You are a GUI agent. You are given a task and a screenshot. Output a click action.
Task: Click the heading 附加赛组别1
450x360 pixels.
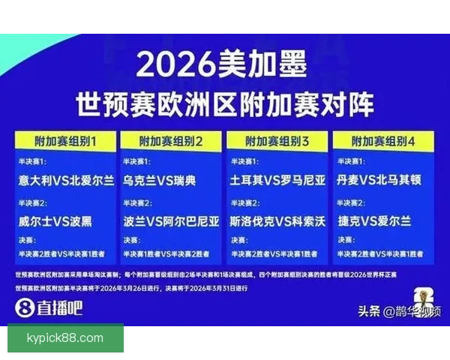click(65, 140)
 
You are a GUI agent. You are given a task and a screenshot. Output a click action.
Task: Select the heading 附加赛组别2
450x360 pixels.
click(171, 140)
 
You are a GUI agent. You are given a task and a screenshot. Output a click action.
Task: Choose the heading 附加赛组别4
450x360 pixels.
click(383, 140)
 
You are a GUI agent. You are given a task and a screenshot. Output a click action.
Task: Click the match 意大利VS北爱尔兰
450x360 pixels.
click(65, 180)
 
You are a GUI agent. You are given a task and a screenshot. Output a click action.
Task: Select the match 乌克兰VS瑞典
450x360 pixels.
click(159, 180)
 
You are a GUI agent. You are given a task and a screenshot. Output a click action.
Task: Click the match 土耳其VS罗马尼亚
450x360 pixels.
click(277, 180)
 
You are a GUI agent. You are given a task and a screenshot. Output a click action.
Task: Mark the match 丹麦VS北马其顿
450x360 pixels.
click(384, 180)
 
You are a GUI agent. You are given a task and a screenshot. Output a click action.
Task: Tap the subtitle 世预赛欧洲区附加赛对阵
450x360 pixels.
click(224, 103)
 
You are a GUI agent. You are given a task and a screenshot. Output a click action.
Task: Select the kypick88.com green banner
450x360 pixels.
click(66, 338)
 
